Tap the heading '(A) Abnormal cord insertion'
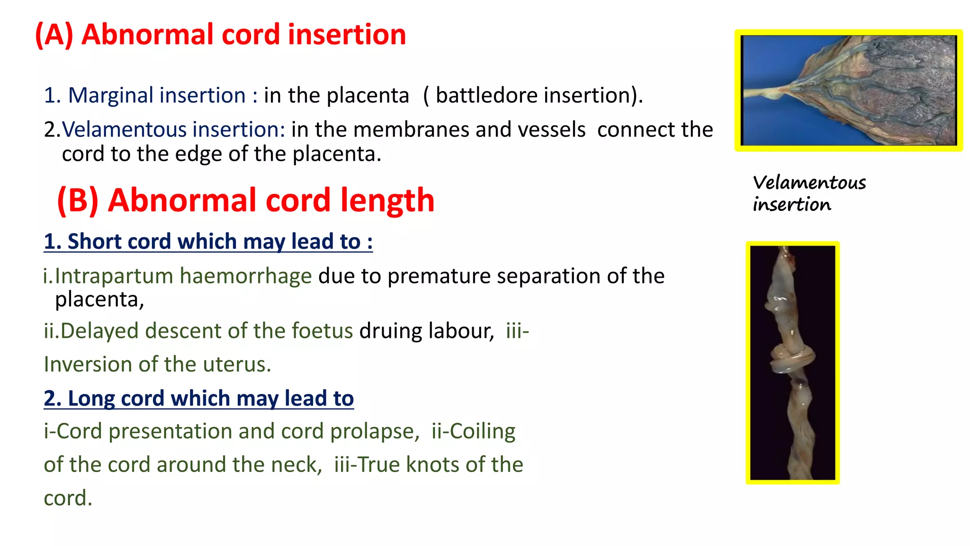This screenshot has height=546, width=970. click(x=221, y=35)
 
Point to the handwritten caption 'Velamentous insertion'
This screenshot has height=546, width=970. click(x=809, y=193)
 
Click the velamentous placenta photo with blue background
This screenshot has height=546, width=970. click(x=848, y=90)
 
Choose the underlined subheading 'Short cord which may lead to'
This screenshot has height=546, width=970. click(x=208, y=241)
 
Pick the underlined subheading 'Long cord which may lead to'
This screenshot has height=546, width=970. click(x=198, y=398)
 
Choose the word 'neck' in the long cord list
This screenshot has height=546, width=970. click(x=296, y=464)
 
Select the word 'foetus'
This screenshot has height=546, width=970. click(x=322, y=331)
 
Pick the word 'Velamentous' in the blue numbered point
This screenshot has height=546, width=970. click(x=124, y=129)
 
